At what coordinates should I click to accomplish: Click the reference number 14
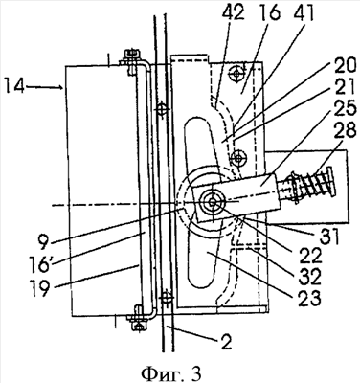(14, 87)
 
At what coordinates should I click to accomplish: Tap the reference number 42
(234, 13)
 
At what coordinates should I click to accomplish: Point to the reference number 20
(343, 68)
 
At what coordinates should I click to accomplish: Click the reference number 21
(344, 88)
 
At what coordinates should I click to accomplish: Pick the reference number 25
(344, 109)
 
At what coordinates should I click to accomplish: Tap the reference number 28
(344, 130)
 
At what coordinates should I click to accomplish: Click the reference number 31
(327, 237)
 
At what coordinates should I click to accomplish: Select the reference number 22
(304, 258)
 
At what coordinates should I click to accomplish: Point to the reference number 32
(308, 277)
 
